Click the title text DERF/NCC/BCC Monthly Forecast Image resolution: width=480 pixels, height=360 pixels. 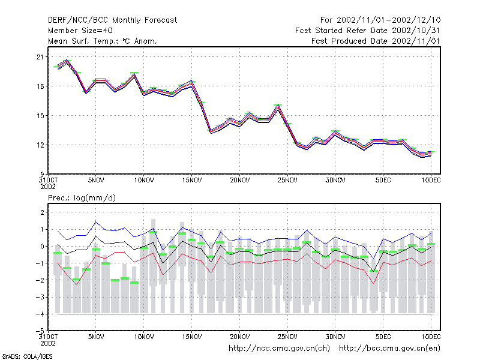pos(112,20)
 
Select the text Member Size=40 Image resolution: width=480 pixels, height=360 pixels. pos(80,31)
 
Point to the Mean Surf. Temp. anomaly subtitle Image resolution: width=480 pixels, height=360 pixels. pos(103,41)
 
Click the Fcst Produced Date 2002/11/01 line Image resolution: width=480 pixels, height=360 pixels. pos(376,41)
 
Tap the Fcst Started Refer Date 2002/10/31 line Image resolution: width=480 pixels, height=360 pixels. pos(368,31)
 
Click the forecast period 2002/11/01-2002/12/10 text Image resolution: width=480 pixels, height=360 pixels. pos(380,20)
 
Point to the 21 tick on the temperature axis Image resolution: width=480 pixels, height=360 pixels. pos(40,57)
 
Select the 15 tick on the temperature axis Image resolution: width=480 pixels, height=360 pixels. pos(40,116)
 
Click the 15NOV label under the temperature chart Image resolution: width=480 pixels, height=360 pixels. pos(192,181)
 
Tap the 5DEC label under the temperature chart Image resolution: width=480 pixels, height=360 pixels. pos(383,181)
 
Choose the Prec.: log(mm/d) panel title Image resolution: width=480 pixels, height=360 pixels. pos(82,198)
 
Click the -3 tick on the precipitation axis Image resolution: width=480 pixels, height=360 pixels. pos(40,297)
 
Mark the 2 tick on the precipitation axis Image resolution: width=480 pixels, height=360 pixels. pos(42,212)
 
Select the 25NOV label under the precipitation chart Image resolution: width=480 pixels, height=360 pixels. pos(287,337)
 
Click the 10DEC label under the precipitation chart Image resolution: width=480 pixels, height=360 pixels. pos(431,337)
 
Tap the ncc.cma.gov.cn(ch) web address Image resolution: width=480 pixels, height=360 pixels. pos(279,349)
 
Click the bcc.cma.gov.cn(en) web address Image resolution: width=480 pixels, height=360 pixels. pos(389,349)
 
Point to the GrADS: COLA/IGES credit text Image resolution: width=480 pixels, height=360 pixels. pos(28,356)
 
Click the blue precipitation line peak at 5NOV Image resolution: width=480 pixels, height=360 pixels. pos(96,221)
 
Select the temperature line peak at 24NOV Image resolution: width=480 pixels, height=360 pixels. pos(278,105)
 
